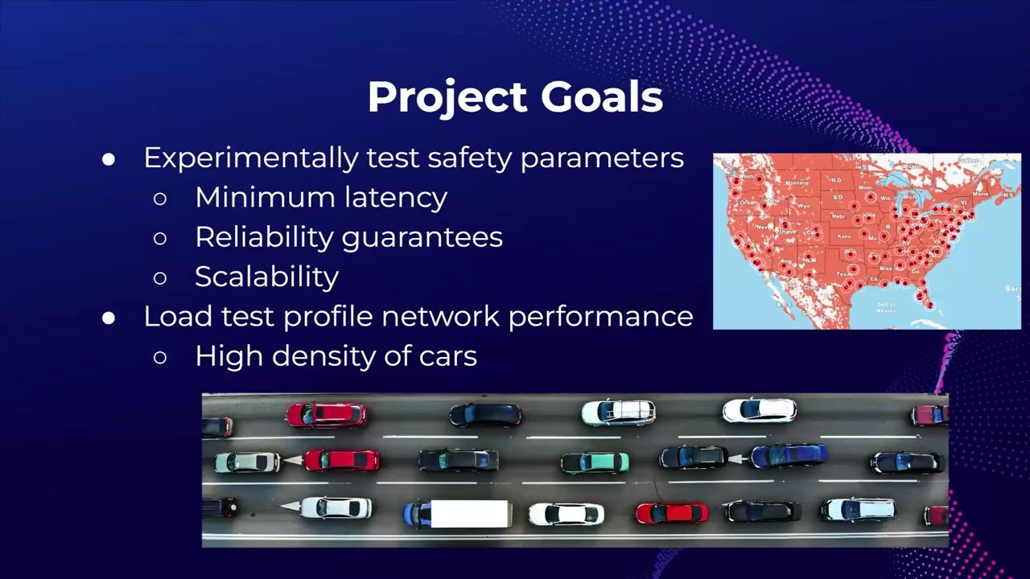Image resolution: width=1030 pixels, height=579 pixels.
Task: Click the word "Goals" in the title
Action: click(601, 97)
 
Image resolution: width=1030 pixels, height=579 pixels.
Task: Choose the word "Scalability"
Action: click(266, 277)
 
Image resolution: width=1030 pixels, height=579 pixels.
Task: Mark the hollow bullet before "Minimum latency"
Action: click(159, 198)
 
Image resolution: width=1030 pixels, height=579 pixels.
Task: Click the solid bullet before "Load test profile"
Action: click(109, 318)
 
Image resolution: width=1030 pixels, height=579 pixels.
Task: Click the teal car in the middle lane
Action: click(595, 462)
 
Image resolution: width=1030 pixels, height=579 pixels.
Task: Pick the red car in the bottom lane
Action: click(672, 512)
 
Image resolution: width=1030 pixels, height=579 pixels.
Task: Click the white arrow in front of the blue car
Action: click(735, 458)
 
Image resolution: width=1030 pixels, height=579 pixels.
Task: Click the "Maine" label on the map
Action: click(981, 194)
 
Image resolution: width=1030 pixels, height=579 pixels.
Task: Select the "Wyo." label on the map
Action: click(804, 206)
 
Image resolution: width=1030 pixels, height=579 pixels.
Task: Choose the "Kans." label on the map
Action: click(845, 236)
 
